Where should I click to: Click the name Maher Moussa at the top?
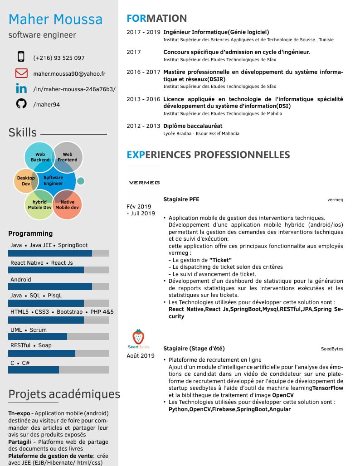point(55,19)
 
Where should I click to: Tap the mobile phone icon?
point(21,57)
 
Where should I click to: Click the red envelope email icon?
point(21,73)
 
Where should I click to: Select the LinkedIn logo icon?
point(21,88)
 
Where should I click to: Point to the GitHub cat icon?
point(21,104)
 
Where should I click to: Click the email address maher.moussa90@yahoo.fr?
point(69,73)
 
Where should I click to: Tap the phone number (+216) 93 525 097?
point(59,58)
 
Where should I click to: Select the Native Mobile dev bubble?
point(67,205)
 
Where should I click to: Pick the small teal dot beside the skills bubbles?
point(81,181)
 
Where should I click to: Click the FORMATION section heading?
point(156,19)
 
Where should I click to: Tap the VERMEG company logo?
point(144,183)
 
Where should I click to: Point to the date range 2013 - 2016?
point(143,99)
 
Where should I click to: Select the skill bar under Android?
point(58,286)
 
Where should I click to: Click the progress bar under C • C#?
point(58,370)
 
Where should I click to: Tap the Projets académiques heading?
point(64,394)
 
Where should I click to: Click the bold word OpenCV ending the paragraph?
point(283,395)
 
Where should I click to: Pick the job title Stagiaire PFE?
point(181,199)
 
